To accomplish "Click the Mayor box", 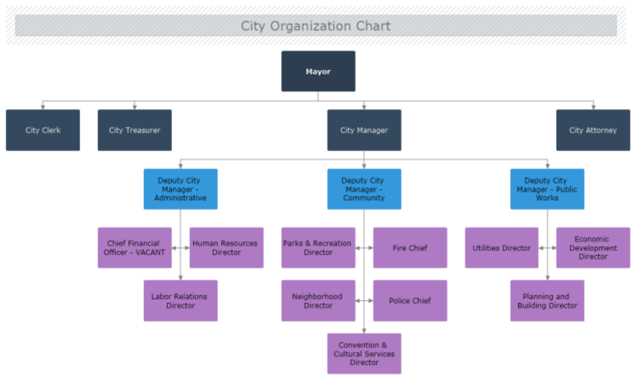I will pyautogui.click(x=318, y=71).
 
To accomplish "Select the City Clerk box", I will pyautogui.click(x=43, y=130).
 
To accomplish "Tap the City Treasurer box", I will pyautogui.click(x=135, y=130).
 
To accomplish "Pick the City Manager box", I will pyautogui.click(x=364, y=130).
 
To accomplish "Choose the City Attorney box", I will pyautogui.click(x=593, y=130).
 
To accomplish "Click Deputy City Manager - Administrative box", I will pyautogui.click(x=181, y=189).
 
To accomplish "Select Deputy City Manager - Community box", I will pyautogui.click(x=364, y=189).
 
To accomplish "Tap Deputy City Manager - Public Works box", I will pyautogui.click(x=547, y=189).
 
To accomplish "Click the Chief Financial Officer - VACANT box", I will pyautogui.click(x=135, y=248).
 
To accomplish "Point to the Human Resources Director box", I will pyautogui.click(x=226, y=248).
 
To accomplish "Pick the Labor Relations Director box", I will pyautogui.click(x=181, y=300).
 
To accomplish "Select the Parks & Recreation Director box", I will pyautogui.click(x=318, y=248).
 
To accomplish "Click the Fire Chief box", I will pyautogui.click(x=410, y=248).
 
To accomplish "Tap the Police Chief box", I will pyautogui.click(x=410, y=300).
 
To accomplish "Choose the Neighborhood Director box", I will pyautogui.click(x=318, y=300).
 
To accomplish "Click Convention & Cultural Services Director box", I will pyautogui.click(x=364, y=354).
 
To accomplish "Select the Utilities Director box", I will pyautogui.click(x=502, y=248).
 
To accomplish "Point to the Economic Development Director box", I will pyautogui.click(x=593, y=248).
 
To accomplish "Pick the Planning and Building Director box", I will pyautogui.click(x=547, y=300).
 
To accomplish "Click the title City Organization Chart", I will pyautogui.click(x=316, y=26).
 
